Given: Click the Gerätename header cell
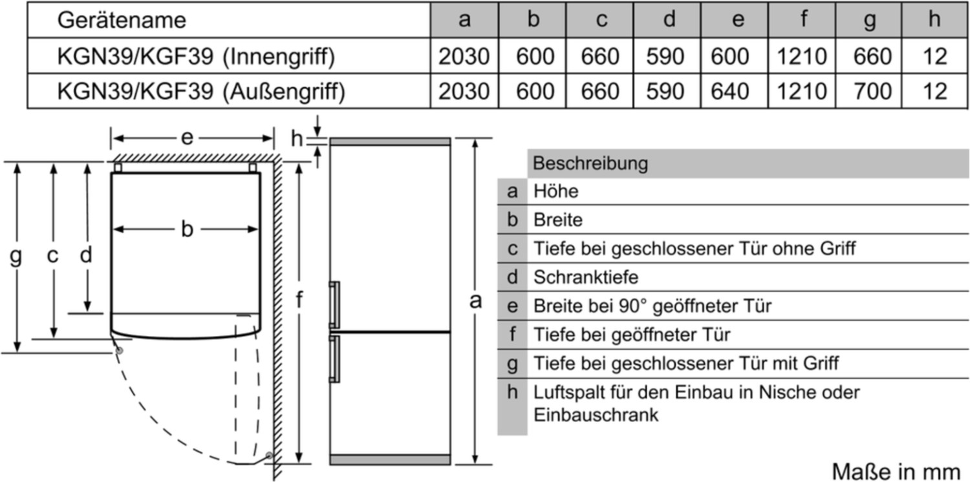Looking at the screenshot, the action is tap(122, 20).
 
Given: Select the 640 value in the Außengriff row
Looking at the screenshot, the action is tap(730, 91).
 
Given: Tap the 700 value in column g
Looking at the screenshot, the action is tap(871, 91).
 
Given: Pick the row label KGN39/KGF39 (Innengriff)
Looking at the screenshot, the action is tap(197, 57).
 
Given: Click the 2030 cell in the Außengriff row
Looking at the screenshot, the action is tap(464, 91).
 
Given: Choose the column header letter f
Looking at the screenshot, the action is tap(803, 20).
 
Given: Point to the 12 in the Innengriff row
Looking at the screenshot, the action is tap(933, 57).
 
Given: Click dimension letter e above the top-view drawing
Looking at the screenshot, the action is tap(187, 138).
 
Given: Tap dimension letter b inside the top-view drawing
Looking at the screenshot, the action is tap(187, 229).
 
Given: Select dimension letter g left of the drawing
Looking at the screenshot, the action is tap(16, 257).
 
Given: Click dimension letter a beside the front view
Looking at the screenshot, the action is tap(476, 300).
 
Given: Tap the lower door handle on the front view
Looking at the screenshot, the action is tap(334, 359).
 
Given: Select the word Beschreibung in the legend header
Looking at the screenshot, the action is tap(590, 163).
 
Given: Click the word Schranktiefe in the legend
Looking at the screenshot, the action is tap(585, 277).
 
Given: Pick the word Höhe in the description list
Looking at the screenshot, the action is tap(555, 191).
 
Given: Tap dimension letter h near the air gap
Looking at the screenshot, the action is tap(297, 138).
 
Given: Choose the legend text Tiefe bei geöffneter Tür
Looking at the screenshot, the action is tap(631, 335).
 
